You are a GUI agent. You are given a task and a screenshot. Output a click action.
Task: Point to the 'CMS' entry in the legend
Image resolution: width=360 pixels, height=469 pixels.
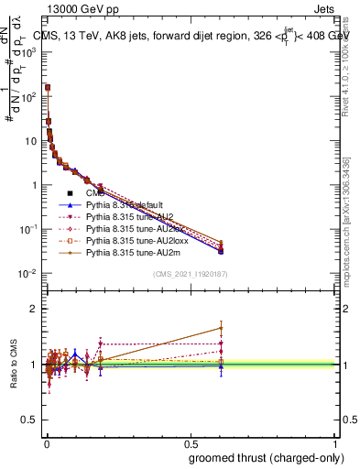click(95, 192)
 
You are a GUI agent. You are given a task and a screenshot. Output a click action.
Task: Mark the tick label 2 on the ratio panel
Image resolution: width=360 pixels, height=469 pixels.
click(35, 309)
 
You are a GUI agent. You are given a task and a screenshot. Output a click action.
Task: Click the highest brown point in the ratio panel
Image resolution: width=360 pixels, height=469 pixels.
click(221, 328)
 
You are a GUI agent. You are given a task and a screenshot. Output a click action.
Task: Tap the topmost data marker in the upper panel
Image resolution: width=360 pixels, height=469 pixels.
click(47, 88)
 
